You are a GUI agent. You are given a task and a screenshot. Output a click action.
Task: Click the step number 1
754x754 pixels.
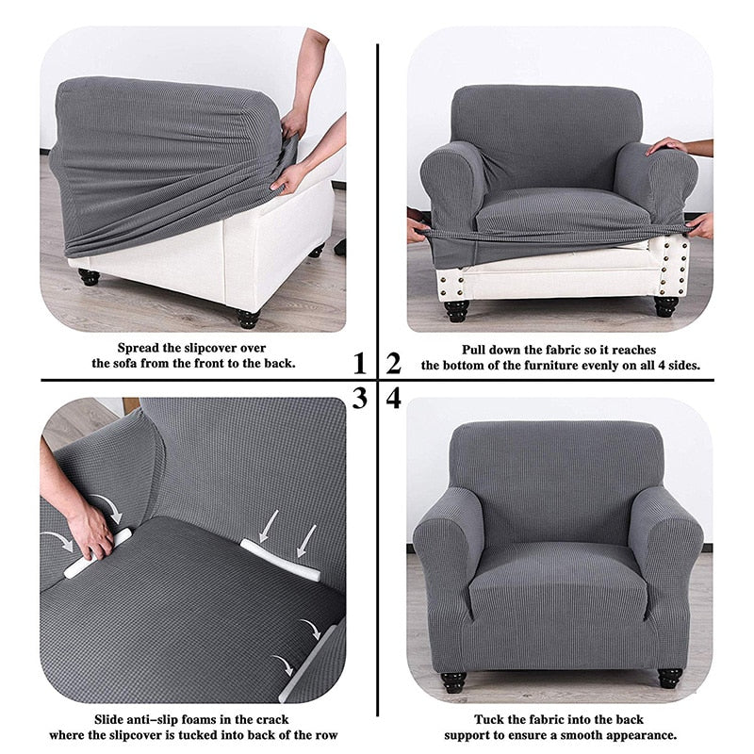click(x=359, y=363)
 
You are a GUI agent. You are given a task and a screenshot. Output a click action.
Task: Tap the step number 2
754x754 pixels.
click(x=394, y=363)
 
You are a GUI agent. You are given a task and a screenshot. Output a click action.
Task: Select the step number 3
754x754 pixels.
click(x=359, y=398)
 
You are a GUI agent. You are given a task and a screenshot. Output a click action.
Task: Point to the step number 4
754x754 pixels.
click(x=394, y=398)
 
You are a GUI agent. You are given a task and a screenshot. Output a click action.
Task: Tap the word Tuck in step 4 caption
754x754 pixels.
click(x=490, y=718)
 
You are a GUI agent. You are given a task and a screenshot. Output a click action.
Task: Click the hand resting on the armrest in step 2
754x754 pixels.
click(x=668, y=145)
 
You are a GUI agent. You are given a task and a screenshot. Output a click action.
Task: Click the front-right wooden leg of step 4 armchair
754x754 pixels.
click(x=670, y=677)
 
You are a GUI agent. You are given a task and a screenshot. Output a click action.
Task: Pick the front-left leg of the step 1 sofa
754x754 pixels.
click(x=90, y=276)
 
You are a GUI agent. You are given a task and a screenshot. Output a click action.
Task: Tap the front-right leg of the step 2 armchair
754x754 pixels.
click(x=665, y=305)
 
